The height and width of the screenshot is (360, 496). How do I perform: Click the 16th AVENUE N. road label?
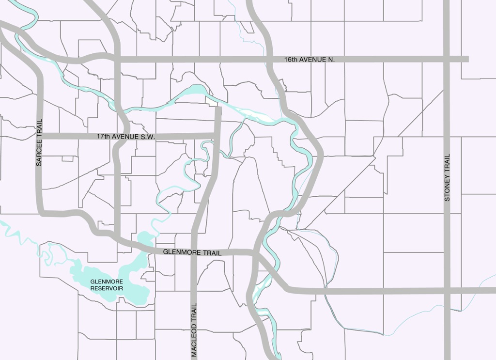click(310, 59)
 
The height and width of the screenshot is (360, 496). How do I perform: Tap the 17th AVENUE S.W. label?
click(125, 137)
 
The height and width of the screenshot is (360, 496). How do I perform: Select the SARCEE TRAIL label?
click(39, 142)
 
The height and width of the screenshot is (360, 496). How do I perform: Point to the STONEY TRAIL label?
click(447, 177)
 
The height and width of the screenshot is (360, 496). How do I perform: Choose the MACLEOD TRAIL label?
click(194, 330)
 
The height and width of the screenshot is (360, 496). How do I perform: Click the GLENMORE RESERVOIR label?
click(107, 285)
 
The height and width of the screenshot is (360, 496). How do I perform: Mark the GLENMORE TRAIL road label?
click(192, 252)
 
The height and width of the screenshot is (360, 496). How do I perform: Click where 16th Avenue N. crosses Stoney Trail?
click(447, 59)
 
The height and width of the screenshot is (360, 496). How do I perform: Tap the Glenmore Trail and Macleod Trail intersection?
click(194, 252)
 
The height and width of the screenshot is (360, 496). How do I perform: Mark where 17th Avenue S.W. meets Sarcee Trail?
click(40, 137)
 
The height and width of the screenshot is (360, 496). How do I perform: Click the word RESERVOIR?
click(107, 288)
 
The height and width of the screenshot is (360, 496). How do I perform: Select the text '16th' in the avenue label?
click(291, 59)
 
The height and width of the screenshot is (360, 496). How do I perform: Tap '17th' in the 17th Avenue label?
click(103, 137)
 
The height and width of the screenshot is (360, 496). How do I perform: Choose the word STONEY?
click(447, 188)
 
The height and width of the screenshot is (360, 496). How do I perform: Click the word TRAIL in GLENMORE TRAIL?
click(213, 253)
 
